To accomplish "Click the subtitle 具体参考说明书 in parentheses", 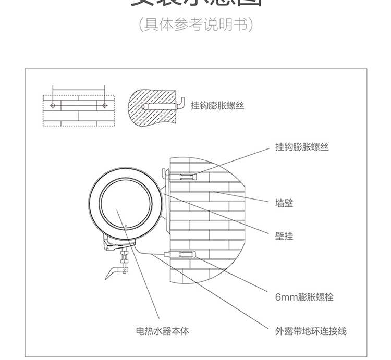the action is pyautogui.click(x=195, y=24).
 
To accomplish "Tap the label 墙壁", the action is pyautogui.click(x=284, y=203).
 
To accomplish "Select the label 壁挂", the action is pyautogui.click(x=284, y=236).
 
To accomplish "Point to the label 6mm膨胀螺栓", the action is pyautogui.click(x=304, y=297).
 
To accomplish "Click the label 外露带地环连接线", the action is pyautogui.click(x=311, y=331).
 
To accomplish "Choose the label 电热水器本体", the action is pyautogui.click(x=162, y=331).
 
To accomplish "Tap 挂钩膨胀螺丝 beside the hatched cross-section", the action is pyautogui.click(x=217, y=106).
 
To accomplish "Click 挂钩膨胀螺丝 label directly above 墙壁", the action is pyautogui.click(x=302, y=147).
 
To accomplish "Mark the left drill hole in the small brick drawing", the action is pyautogui.click(x=53, y=105).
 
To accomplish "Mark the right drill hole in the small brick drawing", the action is pyautogui.click(x=104, y=105).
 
